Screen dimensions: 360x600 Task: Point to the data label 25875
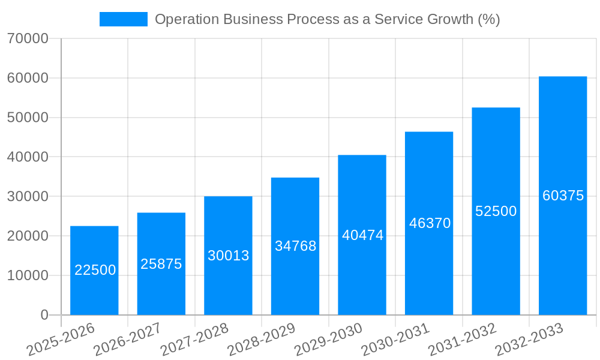point(161,264)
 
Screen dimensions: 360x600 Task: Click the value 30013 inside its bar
point(228,256)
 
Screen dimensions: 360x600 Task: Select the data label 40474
point(362,235)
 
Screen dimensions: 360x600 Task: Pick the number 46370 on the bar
point(430,223)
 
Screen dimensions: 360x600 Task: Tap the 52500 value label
point(496,211)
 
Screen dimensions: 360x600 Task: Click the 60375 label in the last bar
point(563,196)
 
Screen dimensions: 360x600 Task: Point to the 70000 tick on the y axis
point(28,39)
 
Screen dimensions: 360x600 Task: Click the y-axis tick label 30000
point(28,197)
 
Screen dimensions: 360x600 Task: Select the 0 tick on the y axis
point(44,315)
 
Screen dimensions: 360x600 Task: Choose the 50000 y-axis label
point(28,118)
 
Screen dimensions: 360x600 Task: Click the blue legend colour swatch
point(123,19)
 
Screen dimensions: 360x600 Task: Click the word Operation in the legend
point(187,19)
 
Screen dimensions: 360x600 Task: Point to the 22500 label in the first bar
point(95,270)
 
